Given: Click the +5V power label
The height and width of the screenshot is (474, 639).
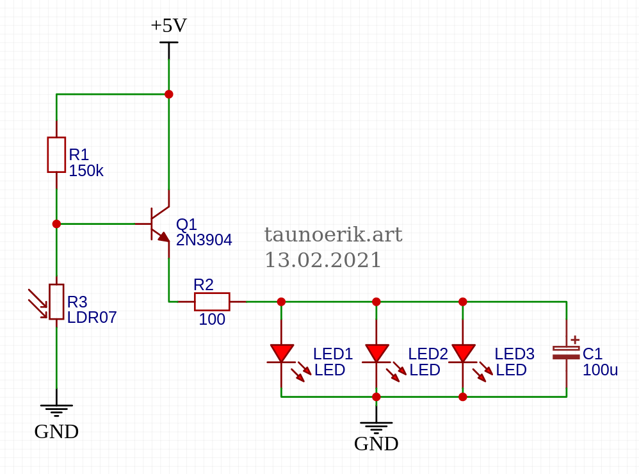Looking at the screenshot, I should tap(168, 26).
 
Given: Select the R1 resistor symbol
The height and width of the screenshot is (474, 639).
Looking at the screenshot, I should tap(56, 154).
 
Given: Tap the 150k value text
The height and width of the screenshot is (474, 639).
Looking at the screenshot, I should tap(86, 171).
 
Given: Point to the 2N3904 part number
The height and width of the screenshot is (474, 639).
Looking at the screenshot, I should tap(204, 240).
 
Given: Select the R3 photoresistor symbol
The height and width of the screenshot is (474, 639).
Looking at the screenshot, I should tap(56, 302).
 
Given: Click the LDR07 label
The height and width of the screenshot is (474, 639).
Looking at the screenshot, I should tap(92, 318).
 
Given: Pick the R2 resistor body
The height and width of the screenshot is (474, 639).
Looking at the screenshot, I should tap(212, 301).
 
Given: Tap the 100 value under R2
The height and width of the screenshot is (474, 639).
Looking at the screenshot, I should tap(212, 320).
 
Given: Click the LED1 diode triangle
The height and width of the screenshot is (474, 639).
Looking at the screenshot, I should tap(282, 353).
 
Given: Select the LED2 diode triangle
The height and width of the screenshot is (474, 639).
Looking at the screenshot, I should tap(376, 353).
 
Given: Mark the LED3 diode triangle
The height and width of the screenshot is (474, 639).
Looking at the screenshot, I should tap(463, 353).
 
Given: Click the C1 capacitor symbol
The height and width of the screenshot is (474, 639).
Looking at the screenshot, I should tap(566, 352).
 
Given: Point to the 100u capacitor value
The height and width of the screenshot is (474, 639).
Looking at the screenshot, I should tap(600, 370).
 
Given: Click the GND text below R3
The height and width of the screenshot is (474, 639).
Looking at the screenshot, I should tap(56, 432).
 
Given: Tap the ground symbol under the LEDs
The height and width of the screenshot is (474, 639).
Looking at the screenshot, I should tap(376, 425).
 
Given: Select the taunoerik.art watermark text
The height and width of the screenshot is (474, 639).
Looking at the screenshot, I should tap(333, 235).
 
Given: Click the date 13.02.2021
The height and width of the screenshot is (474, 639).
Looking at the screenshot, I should tap(323, 260).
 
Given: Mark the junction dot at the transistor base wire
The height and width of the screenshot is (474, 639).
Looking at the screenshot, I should tap(56, 224).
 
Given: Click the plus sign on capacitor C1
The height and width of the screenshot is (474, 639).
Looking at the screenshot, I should tap(575, 339).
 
